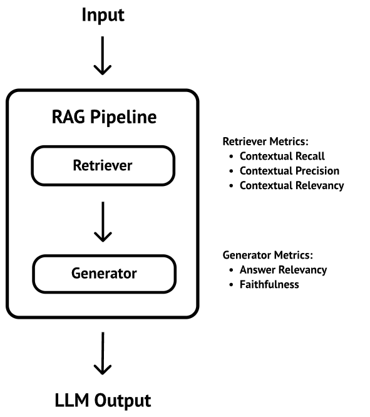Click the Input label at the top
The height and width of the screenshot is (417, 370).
(103, 15)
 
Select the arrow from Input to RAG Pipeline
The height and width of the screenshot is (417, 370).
(103, 56)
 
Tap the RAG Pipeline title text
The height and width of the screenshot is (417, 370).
(104, 117)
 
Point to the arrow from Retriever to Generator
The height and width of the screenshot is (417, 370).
(103, 222)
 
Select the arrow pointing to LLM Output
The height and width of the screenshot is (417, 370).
(103, 353)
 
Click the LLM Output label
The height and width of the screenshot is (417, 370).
(103, 400)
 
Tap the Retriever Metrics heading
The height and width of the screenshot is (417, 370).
(265, 142)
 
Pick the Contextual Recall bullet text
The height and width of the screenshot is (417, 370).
(282, 156)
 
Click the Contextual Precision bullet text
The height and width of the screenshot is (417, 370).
(289, 171)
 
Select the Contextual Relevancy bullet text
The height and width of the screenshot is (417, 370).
(292, 185)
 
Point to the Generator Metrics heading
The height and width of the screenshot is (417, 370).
(268, 255)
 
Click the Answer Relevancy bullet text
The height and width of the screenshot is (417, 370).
(283, 270)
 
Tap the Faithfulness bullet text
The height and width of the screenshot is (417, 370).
(269, 284)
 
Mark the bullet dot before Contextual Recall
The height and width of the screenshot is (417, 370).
(231, 157)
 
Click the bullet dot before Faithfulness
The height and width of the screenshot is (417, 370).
(231, 285)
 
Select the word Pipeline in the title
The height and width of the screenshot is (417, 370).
(123, 117)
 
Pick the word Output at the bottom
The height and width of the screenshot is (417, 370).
(123, 401)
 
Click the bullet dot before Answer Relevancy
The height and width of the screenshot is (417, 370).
(231, 270)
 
